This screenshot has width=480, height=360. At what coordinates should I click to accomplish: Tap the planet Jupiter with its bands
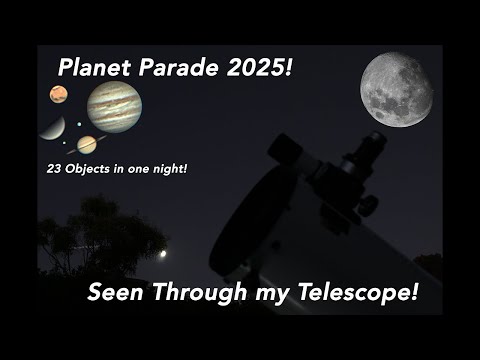(x=114, y=106)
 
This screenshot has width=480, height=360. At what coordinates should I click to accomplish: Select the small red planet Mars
(x=59, y=95)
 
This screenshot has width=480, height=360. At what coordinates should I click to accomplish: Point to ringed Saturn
(x=86, y=144)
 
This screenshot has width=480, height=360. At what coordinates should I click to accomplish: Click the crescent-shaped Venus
(x=51, y=128)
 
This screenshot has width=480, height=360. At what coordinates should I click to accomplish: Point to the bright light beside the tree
(x=163, y=254)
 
